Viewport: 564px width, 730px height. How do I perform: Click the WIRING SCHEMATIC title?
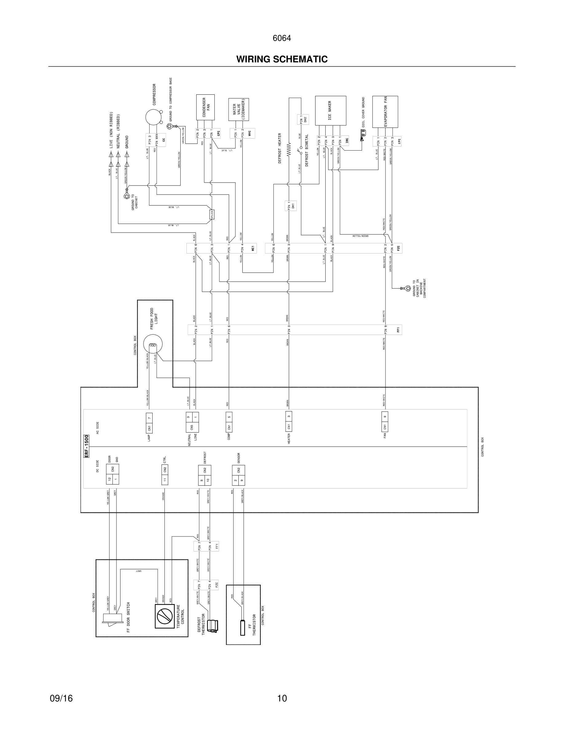[282, 60]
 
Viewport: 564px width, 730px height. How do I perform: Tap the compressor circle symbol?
[153, 117]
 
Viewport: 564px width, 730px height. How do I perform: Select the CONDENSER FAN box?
[205, 107]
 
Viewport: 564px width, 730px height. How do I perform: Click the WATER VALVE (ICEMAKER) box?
[239, 109]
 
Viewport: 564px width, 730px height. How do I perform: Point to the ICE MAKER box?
[331, 110]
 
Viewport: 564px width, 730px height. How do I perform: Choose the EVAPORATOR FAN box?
[385, 112]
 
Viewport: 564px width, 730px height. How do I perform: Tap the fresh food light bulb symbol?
[152, 345]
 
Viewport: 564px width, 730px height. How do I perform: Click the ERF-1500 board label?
[86, 446]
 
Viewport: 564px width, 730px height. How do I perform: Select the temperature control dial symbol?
[164, 616]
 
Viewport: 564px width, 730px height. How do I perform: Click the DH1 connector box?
[291, 206]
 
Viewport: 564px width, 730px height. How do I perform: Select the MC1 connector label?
[253, 248]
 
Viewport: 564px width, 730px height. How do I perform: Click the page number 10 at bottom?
[282, 698]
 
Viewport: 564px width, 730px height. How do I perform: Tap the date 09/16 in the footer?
[61, 698]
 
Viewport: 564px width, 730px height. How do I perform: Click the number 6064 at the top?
[282, 38]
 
